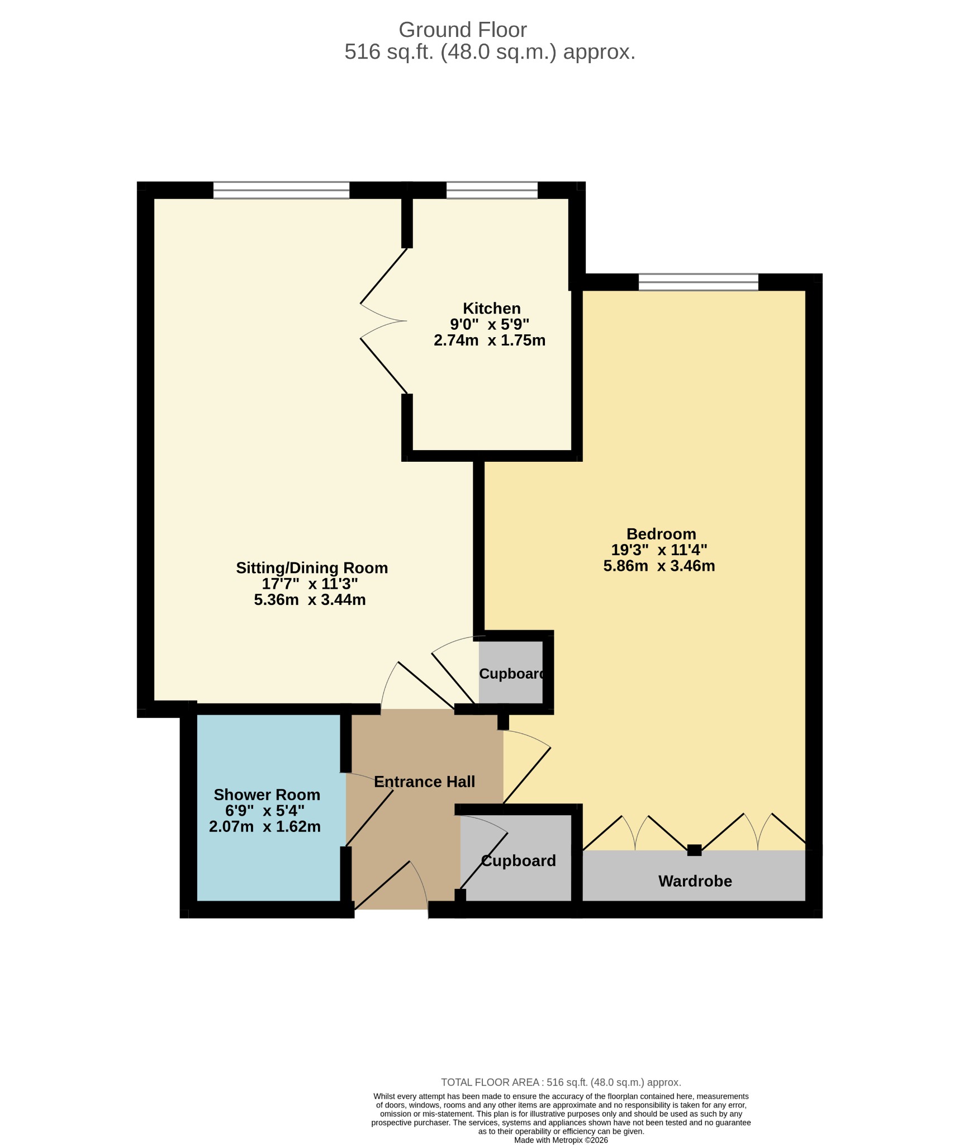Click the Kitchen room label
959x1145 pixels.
[492, 308]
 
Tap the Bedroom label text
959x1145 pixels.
[661, 534]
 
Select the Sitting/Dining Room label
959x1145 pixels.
[312, 568]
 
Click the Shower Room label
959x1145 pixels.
[267, 794]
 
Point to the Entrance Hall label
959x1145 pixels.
[424, 782]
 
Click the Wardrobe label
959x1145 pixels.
[695, 881]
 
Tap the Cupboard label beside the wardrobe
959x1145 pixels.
[518, 860]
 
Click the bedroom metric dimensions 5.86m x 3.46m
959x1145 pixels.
[659, 566]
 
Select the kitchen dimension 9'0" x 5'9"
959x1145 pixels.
[490, 324]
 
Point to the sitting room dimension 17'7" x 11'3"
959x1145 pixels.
[310, 584]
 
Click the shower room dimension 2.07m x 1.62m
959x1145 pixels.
[265, 826]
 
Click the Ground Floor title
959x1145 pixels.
[463, 30]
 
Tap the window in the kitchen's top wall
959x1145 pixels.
[492, 190]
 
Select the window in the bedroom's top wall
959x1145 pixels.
[699, 282]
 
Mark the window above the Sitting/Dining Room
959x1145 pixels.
[281, 190]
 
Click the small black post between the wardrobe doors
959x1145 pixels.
[694, 850]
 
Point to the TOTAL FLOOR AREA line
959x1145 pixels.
[561, 1082]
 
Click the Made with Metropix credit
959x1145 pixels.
[561, 1140]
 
